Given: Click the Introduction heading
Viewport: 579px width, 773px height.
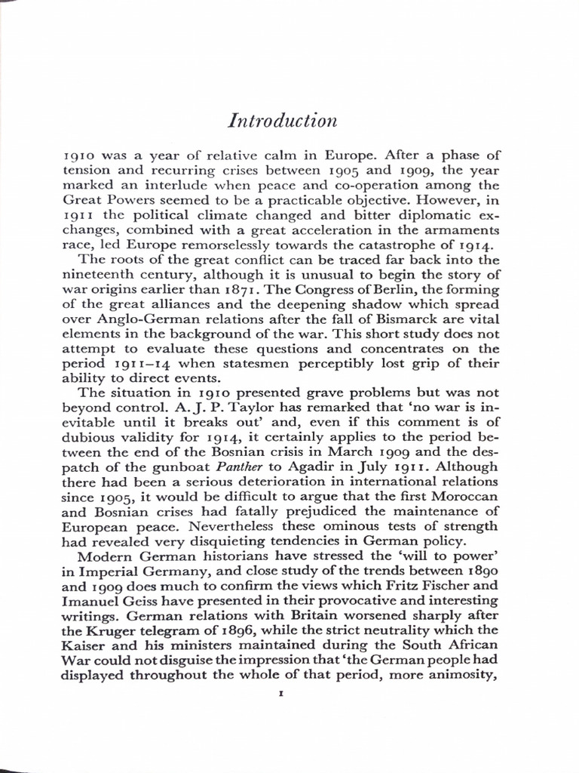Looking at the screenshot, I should pyautogui.click(x=282, y=121).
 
